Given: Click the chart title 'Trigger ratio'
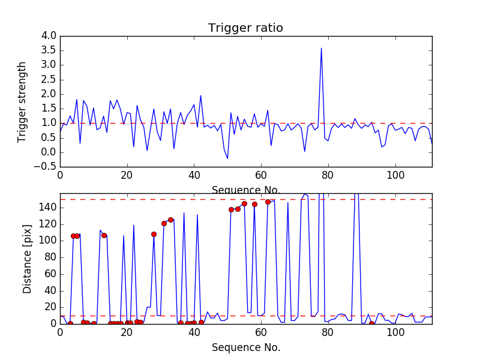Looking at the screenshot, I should click(245, 28).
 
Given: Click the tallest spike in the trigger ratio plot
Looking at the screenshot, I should click(322, 49).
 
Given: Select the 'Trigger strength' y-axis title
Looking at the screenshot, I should click(22, 101).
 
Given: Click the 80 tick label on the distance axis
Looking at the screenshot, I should click(49, 257).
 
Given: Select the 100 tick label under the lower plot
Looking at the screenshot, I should click(395, 332).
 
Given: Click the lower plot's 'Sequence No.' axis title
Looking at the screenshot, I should click(245, 347).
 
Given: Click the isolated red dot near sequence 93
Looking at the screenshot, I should click(371, 323).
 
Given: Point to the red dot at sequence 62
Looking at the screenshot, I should click(268, 202).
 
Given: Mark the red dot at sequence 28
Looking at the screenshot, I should click(154, 234).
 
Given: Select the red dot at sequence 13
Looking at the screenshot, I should click(104, 235).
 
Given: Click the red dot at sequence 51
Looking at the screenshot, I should click(231, 209).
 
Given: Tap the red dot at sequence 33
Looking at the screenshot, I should click(170, 220).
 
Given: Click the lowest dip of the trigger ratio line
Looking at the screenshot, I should click(227, 158).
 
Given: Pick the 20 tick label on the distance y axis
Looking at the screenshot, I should click(49, 307).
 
